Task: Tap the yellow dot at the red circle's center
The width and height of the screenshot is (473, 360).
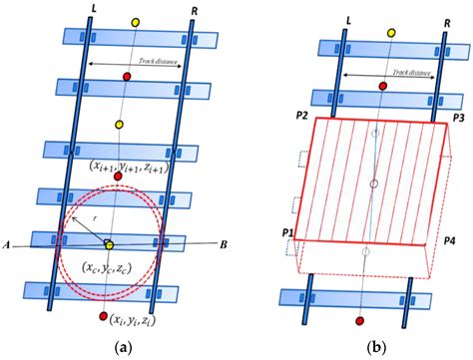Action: click(109, 244)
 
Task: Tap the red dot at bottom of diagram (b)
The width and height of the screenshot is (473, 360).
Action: click(360, 324)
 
